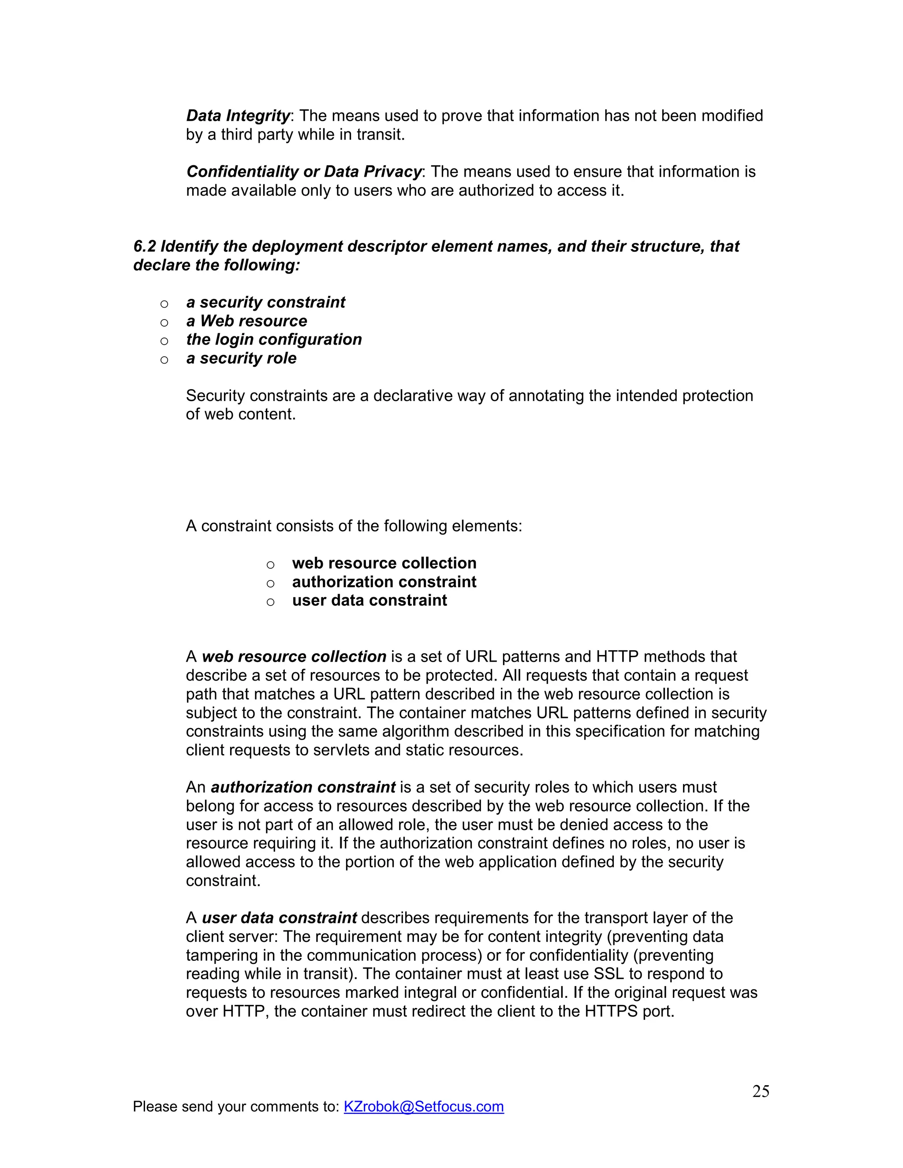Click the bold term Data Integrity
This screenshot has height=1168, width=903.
(x=238, y=116)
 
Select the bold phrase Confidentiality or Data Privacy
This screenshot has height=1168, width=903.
(x=304, y=171)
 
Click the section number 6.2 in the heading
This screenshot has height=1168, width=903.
(x=145, y=246)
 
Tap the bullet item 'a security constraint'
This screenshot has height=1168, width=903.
(x=265, y=303)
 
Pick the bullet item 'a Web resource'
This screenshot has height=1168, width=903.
(x=246, y=321)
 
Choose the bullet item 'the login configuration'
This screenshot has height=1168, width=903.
(x=274, y=339)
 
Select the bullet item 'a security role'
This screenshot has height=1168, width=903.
(x=241, y=358)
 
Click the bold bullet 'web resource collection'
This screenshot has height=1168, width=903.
(x=384, y=563)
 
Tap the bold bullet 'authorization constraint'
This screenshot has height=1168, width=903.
(x=384, y=582)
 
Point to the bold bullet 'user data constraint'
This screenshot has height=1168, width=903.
(x=369, y=601)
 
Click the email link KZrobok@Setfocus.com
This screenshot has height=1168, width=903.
(x=424, y=1106)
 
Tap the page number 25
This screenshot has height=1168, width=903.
(x=760, y=1091)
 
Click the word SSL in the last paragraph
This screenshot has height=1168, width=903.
(x=609, y=974)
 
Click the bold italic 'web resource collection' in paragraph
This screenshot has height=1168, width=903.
(x=294, y=657)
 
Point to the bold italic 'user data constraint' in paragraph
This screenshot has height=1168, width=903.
(x=279, y=918)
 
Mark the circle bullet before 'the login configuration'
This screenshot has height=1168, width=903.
(x=164, y=341)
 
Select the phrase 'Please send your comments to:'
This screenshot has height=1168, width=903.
(x=236, y=1106)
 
